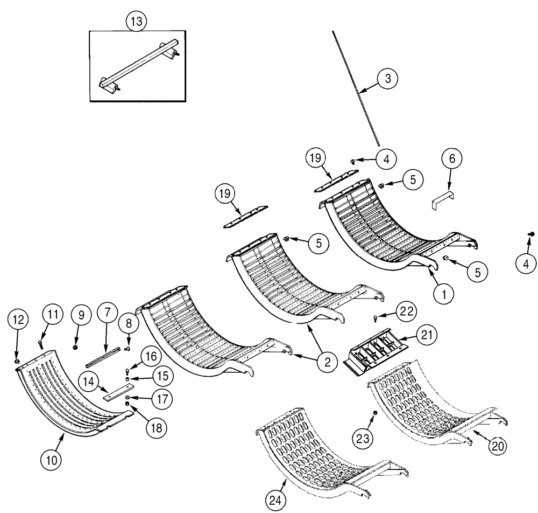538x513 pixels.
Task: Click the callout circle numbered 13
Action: [x=136, y=22]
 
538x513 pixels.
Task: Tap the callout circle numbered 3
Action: [x=387, y=79]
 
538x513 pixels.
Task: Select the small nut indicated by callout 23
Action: [x=376, y=413]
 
